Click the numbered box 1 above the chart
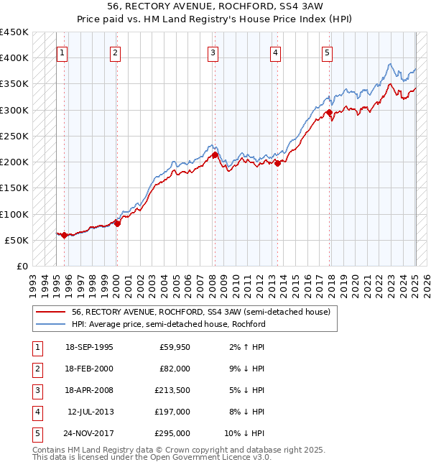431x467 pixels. pos(63,52)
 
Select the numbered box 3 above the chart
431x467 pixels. pos(213,52)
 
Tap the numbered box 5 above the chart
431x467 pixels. pos(327,52)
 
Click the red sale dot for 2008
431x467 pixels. pos(215,154)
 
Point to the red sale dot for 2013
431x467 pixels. pos(277,162)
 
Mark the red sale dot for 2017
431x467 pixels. pos(329,112)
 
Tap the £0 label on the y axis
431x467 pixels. pos(22,267)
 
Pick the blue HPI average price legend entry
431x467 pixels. pos(168,324)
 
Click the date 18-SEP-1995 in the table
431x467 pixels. pos(89,346)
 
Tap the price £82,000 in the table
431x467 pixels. pos(175,368)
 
